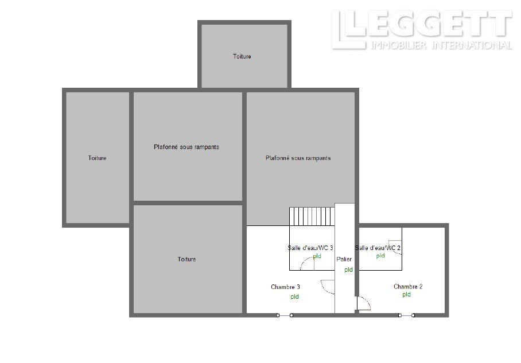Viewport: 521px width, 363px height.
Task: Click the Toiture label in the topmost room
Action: (242, 56)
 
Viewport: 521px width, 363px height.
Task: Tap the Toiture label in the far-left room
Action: (97, 158)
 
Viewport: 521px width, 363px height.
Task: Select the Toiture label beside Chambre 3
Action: (186, 259)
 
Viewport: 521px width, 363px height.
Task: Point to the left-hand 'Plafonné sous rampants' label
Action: (186, 147)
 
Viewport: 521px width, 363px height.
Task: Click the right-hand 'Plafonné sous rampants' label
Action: (298, 158)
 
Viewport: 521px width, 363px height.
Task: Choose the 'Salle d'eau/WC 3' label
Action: (310, 248)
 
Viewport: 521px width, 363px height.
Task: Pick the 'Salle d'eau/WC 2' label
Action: (378, 248)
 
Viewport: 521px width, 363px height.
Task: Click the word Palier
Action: (344, 259)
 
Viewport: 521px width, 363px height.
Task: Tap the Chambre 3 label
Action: (285, 287)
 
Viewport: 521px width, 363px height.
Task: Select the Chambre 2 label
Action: (408, 287)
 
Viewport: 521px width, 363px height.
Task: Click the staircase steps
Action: (312, 217)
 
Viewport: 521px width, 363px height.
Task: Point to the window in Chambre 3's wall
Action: (285, 315)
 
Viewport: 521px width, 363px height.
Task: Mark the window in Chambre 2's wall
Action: (406, 315)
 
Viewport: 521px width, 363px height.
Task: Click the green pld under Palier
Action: (348, 270)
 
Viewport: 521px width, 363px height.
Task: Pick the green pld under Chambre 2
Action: (407, 295)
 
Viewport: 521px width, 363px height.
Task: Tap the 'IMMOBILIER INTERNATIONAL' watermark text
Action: (441, 45)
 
